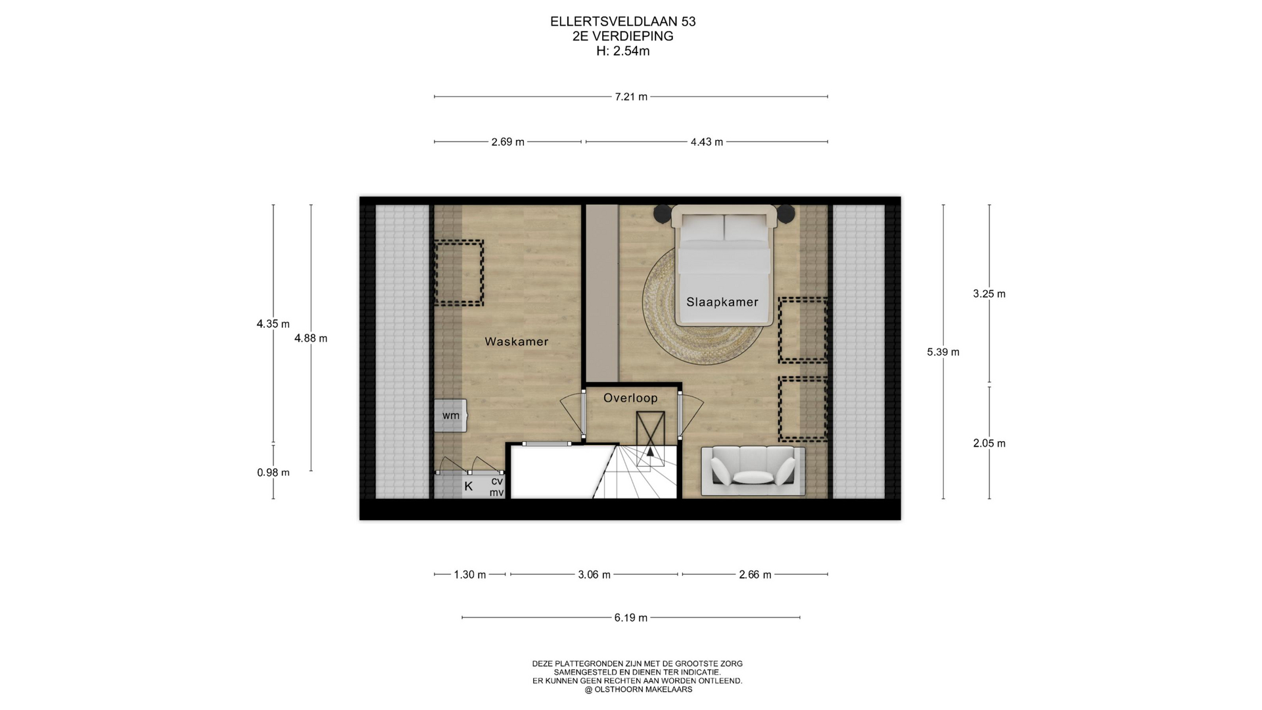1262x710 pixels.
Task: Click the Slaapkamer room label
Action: click(722, 302)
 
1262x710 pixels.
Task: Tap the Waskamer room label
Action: click(516, 342)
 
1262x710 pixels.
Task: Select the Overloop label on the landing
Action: click(630, 398)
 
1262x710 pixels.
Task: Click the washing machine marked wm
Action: click(450, 415)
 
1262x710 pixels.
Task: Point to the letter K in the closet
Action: click(469, 486)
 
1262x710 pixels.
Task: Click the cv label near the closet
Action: click(497, 481)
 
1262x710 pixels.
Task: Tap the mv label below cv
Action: click(497, 492)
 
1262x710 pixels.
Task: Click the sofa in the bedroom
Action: click(753, 471)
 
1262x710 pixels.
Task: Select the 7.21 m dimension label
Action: click(631, 97)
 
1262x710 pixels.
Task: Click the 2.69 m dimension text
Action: click(508, 142)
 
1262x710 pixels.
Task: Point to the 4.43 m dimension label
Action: click(707, 142)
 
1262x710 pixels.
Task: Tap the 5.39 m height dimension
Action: click(943, 352)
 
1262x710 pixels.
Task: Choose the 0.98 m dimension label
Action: click(273, 473)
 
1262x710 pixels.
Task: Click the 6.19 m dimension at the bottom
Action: click(631, 618)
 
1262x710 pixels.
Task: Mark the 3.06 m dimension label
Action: click(594, 575)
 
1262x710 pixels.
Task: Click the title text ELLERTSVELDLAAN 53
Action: click(623, 22)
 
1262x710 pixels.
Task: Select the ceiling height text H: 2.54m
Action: click(623, 51)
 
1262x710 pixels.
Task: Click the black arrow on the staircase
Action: click(650, 451)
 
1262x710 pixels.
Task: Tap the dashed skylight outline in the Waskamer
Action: click(459, 273)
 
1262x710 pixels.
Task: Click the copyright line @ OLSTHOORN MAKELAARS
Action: click(638, 690)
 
